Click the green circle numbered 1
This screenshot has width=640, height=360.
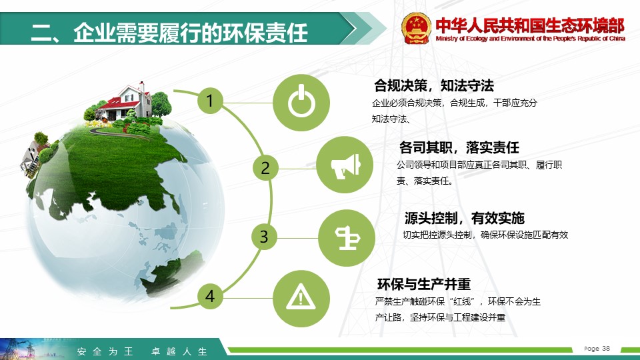210,101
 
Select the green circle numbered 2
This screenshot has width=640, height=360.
265,168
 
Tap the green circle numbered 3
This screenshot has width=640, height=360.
264,237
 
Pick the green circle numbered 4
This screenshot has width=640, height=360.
210,296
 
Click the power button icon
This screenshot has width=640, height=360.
301,103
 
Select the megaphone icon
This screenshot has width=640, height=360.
345,166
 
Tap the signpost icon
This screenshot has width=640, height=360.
347,238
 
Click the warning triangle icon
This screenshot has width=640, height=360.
301,297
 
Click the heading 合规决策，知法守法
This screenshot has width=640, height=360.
434,86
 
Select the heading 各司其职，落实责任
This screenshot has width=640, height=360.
459,147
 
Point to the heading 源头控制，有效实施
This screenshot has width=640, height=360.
465,218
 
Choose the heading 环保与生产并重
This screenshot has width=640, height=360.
424,284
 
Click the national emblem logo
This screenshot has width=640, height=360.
416,28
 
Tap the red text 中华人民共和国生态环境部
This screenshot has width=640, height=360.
530,25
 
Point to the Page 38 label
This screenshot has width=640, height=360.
597,348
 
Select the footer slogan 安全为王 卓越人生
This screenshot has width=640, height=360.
142,351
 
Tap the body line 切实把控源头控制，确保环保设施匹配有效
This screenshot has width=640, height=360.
485,235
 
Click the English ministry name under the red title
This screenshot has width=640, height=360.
530,39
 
